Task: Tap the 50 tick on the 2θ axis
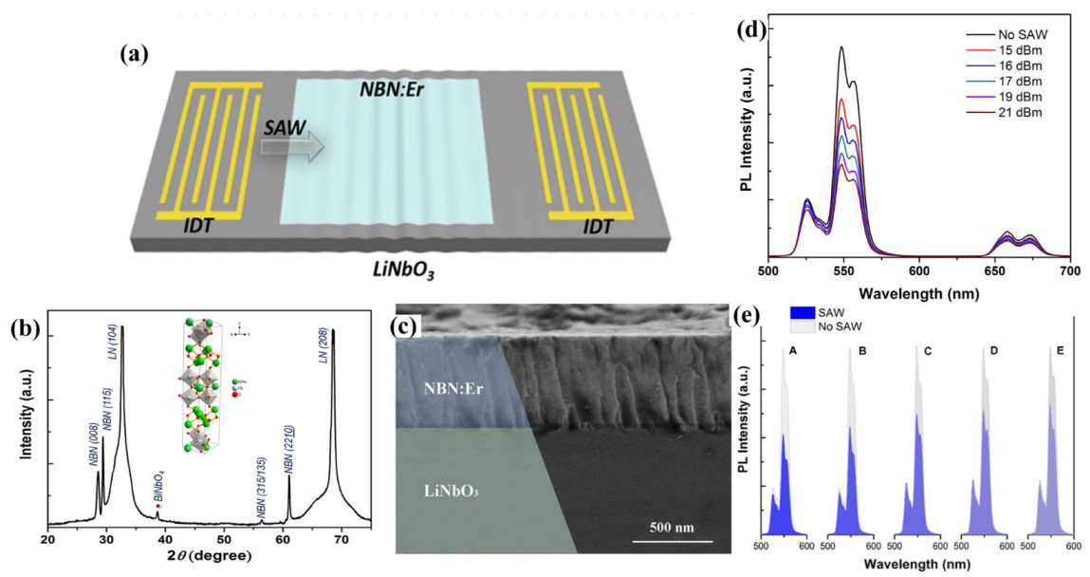(221, 538)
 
